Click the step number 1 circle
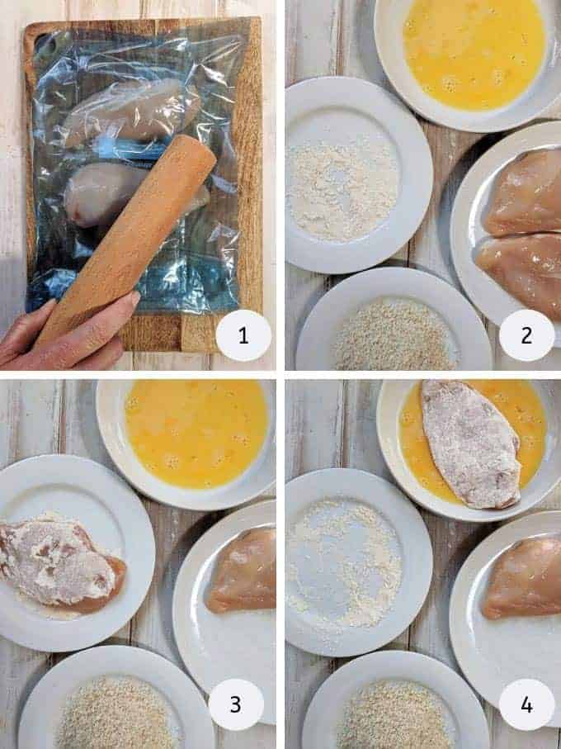(243, 335)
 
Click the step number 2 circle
(526, 335)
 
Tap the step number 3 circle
(236, 704)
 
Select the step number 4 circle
(526, 704)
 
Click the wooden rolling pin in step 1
(132, 232)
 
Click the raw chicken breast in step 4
(524, 578)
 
